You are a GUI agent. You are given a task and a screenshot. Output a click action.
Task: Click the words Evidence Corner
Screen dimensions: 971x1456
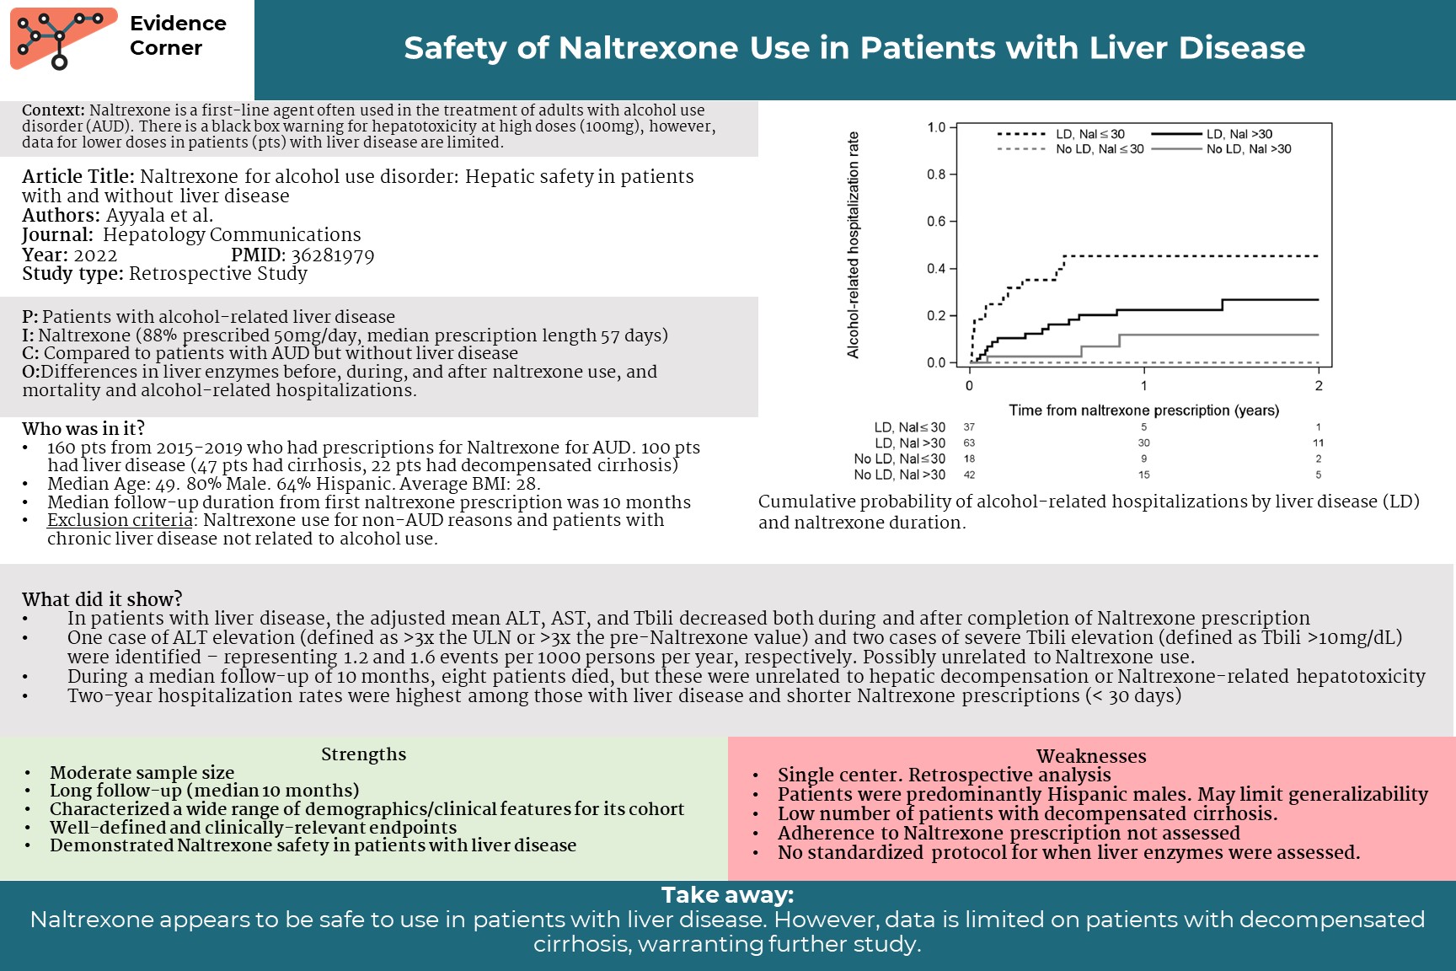178,35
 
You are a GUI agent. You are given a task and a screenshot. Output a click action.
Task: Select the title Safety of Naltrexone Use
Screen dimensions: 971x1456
854,48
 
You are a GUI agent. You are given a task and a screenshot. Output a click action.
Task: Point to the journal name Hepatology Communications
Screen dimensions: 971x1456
232,235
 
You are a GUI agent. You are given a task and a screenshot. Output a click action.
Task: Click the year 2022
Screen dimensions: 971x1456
95,255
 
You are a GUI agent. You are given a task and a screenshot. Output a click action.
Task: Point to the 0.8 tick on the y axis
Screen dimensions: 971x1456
936,174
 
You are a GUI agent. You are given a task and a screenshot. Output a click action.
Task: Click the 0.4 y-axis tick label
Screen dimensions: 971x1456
936,269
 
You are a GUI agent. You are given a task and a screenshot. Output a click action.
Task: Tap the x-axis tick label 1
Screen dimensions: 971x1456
1143,386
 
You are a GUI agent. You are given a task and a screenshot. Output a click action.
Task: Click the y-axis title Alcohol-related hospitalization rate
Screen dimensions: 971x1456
854,244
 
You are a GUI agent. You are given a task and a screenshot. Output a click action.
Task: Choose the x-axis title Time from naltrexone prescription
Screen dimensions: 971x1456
1143,410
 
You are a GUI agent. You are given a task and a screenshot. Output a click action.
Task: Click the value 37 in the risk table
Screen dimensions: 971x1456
969,427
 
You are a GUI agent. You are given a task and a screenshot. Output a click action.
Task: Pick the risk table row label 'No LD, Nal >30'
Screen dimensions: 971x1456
899,475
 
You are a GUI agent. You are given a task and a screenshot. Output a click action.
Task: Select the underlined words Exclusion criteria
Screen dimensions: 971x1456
120,520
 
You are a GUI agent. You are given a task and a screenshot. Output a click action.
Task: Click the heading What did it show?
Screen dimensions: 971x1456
102,599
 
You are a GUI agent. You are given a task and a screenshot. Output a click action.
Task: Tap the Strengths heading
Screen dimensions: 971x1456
363,754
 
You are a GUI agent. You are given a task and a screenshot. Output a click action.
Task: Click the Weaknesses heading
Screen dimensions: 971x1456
1091,756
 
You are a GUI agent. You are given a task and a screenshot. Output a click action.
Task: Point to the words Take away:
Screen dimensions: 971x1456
727,895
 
